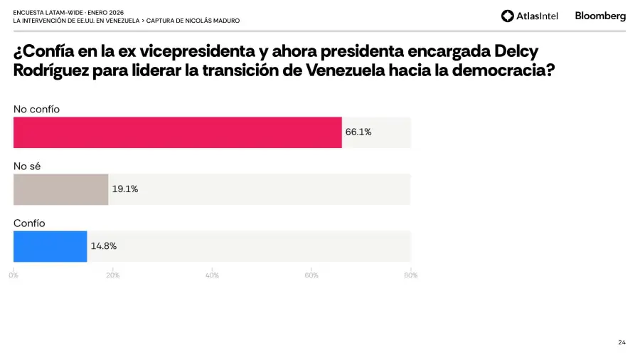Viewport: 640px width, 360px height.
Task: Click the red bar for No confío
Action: pyautogui.click(x=178, y=132)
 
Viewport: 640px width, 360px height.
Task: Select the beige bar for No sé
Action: pyautogui.click(x=61, y=189)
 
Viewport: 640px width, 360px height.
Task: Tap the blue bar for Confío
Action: pyautogui.click(x=50, y=246)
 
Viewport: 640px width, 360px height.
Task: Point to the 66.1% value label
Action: pyautogui.click(x=358, y=132)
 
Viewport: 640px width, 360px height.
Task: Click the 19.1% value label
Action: pyautogui.click(x=125, y=189)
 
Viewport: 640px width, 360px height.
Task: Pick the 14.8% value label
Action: pyautogui.click(x=104, y=246)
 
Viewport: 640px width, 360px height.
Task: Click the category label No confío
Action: pyautogui.click(x=37, y=109)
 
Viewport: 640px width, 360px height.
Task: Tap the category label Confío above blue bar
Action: pyautogui.click(x=29, y=223)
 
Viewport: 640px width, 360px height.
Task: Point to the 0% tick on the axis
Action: pyautogui.click(x=14, y=275)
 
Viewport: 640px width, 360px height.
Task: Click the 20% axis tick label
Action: pyautogui.click(x=113, y=275)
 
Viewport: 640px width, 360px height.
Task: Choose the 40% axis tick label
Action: pyautogui.click(x=212, y=275)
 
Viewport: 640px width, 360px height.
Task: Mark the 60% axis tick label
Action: pyautogui.click(x=311, y=275)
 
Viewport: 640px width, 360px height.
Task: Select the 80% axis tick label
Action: pyautogui.click(x=411, y=275)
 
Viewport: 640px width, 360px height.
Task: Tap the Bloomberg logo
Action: pyautogui.click(x=600, y=16)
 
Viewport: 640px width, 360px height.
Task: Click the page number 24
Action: pyautogui.click(x=622, y=342)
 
